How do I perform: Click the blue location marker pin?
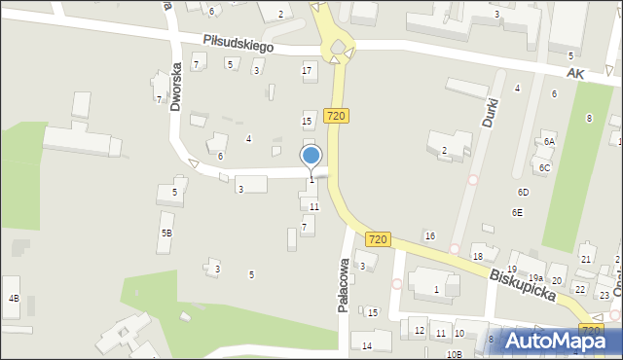(x=311, y=157)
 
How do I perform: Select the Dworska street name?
(x=176, y=88)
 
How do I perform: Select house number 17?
(x=308, y=69)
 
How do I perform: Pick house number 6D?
(x=523, y=193)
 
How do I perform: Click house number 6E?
(x=518, y=212)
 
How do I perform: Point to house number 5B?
(x=166, y=233)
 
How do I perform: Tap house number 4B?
(x=13, y=298)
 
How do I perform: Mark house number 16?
(x=429, y=236)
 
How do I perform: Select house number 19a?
(x=536, y=278)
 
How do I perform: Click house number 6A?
(x=549, y=142)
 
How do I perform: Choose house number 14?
(x=367, y=345)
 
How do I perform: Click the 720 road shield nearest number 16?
(x=379, y=239)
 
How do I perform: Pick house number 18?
(x=477, y=256)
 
